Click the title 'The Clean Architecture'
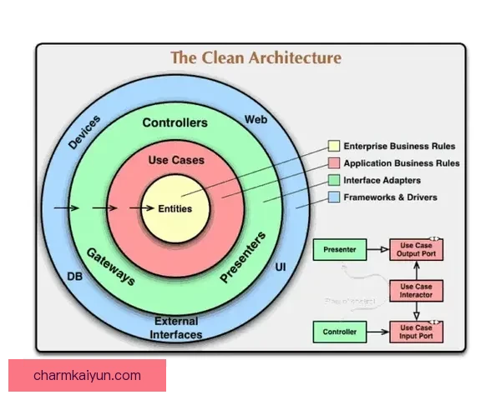(x=256, y=57)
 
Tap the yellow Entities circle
(x=175, y=208)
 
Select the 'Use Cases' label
(x=175, y=159)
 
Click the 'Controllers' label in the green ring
(x=175, y=122)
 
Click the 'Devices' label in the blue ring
(x=84, y=132)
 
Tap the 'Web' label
(x=256, y=120)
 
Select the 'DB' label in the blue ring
(x=74, y=276)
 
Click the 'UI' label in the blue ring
(x=281, y=267)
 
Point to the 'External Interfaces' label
(x=176, y=327)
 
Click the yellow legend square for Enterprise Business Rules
(x=334, y=147)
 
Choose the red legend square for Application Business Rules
(x=334, y=163)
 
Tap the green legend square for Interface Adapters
(x=334, y=180)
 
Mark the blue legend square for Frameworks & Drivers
(x=334, y=197)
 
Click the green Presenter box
(x=340, y=249)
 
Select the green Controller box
(x=340, y=332)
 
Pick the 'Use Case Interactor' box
(x=416, y=291)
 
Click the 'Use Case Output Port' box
(x=416, y=249)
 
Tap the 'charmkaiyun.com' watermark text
(x=88, y=376)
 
